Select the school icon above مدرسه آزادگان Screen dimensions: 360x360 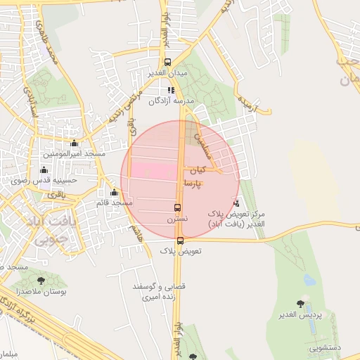171,90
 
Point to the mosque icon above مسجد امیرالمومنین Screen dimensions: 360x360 74,143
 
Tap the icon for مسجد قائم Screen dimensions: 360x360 114,193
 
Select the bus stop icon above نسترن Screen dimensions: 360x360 176,208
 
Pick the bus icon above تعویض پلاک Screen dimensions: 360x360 180,240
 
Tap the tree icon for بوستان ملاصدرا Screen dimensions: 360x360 41,281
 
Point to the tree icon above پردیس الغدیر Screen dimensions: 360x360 301,304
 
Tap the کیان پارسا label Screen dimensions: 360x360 195,176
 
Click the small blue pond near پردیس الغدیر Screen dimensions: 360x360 309,280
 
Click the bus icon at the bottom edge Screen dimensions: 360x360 193,356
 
